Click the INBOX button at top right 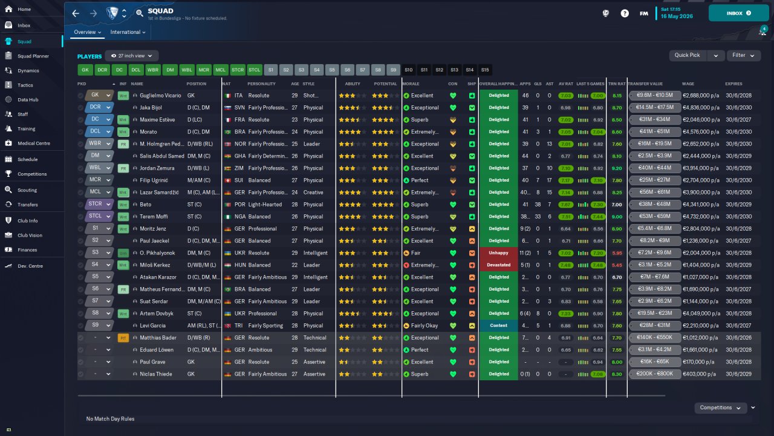[738, 13]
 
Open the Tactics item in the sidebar [25, 85]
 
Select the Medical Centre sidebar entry [33, 144]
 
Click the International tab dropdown [128, 32]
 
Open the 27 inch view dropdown [132, 56]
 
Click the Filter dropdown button [743, 55]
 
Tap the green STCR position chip [238, 70]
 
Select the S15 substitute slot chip [485, 70]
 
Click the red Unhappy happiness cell [499, 253]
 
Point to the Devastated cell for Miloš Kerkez [499, 265]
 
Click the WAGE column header [688, 84]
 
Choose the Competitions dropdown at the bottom [720, 408]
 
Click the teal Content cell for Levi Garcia [499, 326]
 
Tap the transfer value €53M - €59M [655, 217]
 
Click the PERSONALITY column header [262, 84]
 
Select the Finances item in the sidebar [27, 249]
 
